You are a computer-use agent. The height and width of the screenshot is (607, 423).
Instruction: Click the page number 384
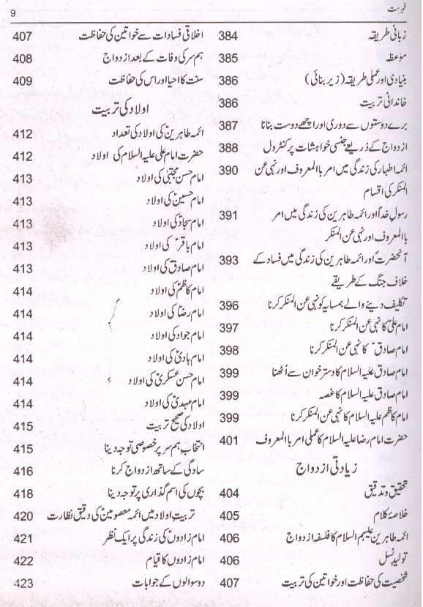(x=231, y=36)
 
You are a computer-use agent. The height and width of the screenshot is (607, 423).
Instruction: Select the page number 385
(x=231, y=57)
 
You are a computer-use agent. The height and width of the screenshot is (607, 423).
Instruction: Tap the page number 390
(x=231, y=170)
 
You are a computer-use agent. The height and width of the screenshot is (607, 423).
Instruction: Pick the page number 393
(x=231, y=261)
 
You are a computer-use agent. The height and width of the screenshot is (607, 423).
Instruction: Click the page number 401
(x=231, y=442)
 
